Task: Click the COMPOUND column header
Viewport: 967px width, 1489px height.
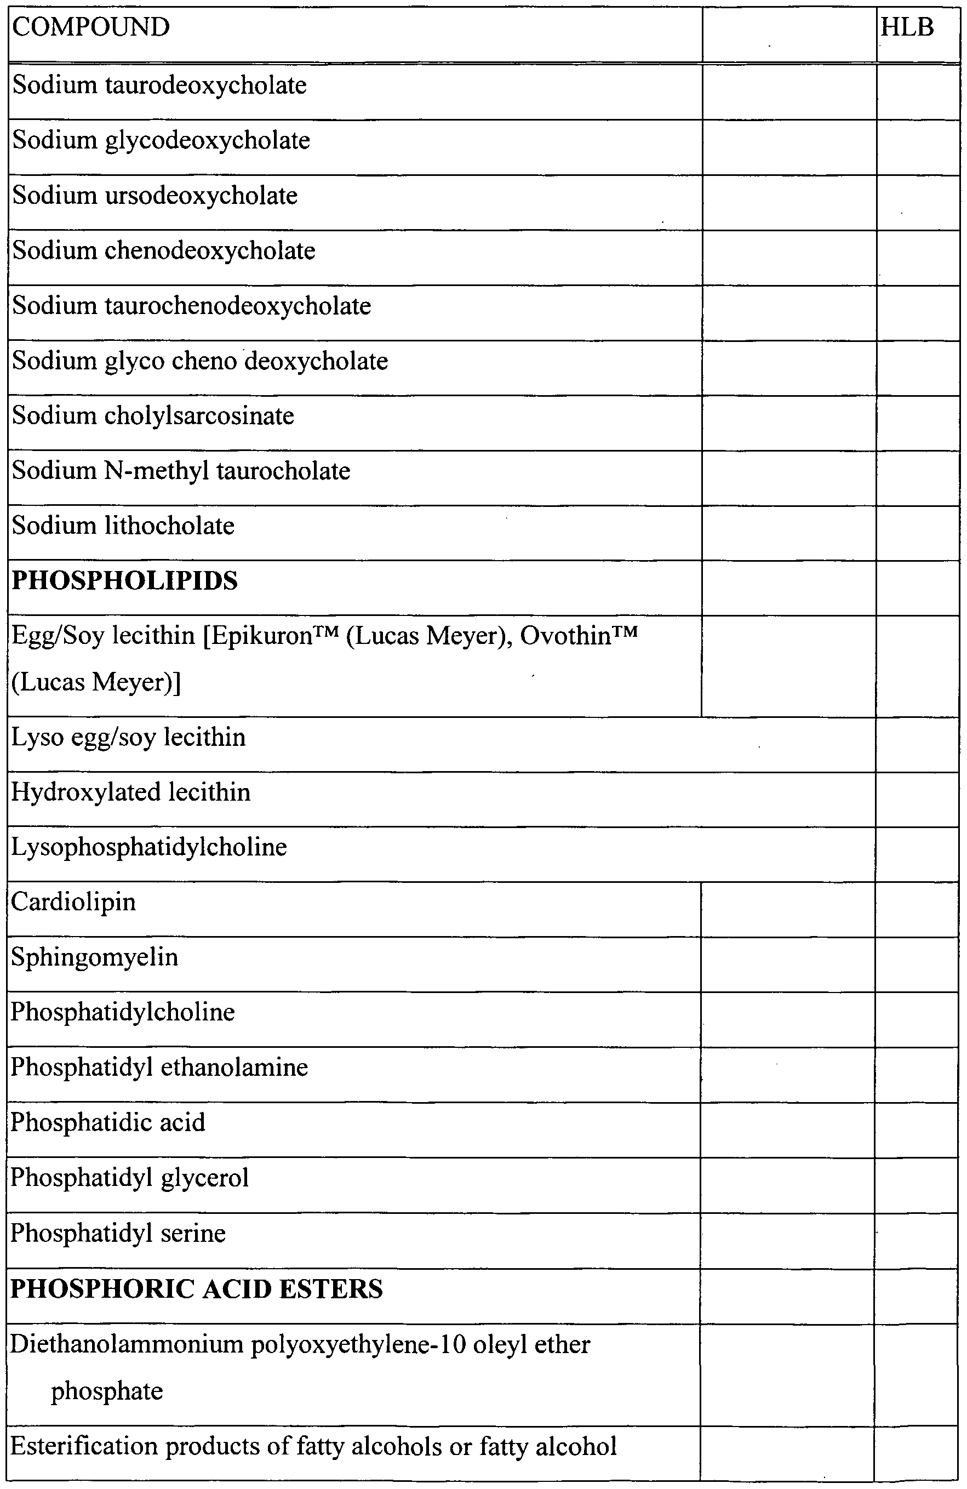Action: [91, 27]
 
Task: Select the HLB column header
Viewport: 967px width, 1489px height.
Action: [906, 27]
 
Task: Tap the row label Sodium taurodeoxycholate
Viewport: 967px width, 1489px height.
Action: [159, 85]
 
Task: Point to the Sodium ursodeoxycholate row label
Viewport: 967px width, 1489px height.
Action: [155, 195]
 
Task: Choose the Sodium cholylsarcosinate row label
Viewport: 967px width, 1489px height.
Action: [153, 415]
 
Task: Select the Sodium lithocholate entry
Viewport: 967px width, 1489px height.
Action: [123, 526]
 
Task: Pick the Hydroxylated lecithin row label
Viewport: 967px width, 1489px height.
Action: [131, 792]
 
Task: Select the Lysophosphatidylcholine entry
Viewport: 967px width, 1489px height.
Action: [149, 847]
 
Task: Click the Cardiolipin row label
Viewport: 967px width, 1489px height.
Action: [73, 902]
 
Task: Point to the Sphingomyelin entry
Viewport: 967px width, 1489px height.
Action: [94, 957]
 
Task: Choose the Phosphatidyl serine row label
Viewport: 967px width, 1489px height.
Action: [118, 1233]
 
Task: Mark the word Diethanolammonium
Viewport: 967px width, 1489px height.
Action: [127, 1344]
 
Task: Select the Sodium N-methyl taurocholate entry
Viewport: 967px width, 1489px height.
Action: [181, 470]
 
